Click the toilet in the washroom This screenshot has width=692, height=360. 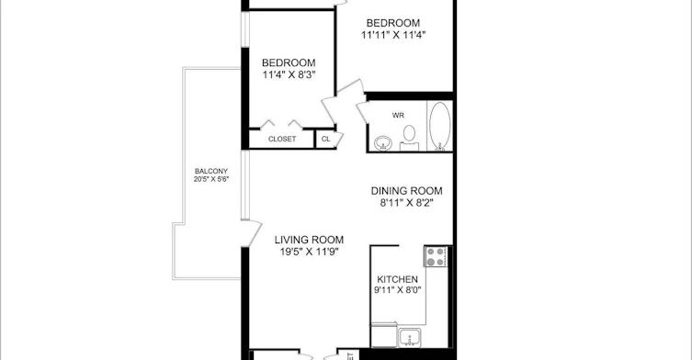pyautogui.click(x=409, y=138)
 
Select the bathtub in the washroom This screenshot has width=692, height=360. pyautogui.click(x=439, y=126)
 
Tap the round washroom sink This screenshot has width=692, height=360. pyautogui.click(x=382, y=143)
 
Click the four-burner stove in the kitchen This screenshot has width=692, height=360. pyautogui.click(x=436, y=256)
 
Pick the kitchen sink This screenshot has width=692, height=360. pyautogui.click(x=410, y=338)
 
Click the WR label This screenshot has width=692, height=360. pyautogui.click(x=398, y=116)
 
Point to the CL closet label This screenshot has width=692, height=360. pyautogui.click(x=325, y=139)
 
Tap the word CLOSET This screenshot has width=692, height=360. pyautogui.click(x=282, y=139)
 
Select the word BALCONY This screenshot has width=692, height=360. pyautogui.click(x=211, y=171)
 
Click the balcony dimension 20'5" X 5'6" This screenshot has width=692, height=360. pyautogui.click(x=211, y=179)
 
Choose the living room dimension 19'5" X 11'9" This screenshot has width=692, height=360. pyautogui.click(x=309, y=253)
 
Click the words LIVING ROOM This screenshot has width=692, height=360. pyautogui.click(x=309, y=240)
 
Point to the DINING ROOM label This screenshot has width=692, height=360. pyautogui.click(x=406, y=191)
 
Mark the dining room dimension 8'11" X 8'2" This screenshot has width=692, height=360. pyautogui.click(x=406, y=203)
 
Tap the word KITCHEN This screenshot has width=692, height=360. pyautogui.click(x=397, y=279)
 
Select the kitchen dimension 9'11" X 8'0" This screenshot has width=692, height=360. pyautogui.click(x=397, y=290)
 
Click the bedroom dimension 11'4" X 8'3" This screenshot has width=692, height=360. pyautogui.click(x=289, y=74)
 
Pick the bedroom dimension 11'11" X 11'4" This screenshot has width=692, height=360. pyautogui.click(x=393, y=35)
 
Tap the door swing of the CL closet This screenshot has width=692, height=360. pyautogui.click(x=339, y=139)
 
